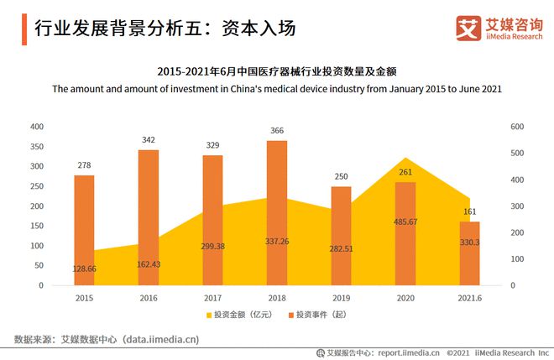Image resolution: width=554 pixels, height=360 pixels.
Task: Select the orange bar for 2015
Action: [84, 230]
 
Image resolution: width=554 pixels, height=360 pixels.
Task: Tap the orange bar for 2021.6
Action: [469, 253]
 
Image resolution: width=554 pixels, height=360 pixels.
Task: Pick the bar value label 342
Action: [149, 139]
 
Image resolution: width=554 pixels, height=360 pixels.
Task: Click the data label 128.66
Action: [84, 269]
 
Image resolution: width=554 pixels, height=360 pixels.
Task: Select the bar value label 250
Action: [341, 176]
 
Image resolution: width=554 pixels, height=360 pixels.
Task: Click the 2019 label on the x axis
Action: [341, 298]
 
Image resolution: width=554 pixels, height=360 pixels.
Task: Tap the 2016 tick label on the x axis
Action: [149, 298]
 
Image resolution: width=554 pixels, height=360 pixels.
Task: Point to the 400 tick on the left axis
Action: [37, 126]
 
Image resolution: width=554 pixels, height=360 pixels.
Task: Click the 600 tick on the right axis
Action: [516, 126]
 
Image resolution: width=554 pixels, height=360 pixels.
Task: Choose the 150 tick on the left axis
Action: [37, 226]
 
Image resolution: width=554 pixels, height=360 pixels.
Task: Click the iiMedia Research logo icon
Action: [468, 29]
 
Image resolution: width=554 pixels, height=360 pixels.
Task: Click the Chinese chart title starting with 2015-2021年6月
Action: [276, 70]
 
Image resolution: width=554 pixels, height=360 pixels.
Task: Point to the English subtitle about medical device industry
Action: [276, 88]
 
